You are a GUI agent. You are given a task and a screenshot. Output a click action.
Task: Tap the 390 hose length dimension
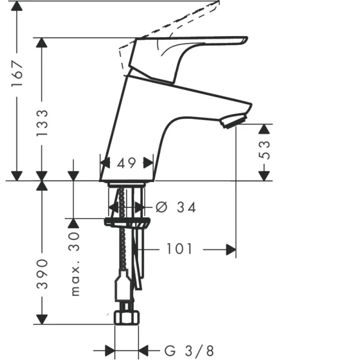42,274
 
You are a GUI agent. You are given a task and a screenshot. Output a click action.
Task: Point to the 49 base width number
126,164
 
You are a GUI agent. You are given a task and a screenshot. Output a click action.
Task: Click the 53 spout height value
264,150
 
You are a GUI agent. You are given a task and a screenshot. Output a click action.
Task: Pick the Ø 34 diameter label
176,207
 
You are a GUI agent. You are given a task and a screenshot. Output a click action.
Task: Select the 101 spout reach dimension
178,249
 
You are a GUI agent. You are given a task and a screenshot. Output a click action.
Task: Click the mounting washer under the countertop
128,222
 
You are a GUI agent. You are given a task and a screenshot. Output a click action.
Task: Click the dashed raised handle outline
175,21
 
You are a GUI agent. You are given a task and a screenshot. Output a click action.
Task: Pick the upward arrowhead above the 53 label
264,129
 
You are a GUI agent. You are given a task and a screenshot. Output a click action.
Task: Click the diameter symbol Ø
160,207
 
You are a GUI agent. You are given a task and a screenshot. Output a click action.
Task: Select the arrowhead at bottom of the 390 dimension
42,319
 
